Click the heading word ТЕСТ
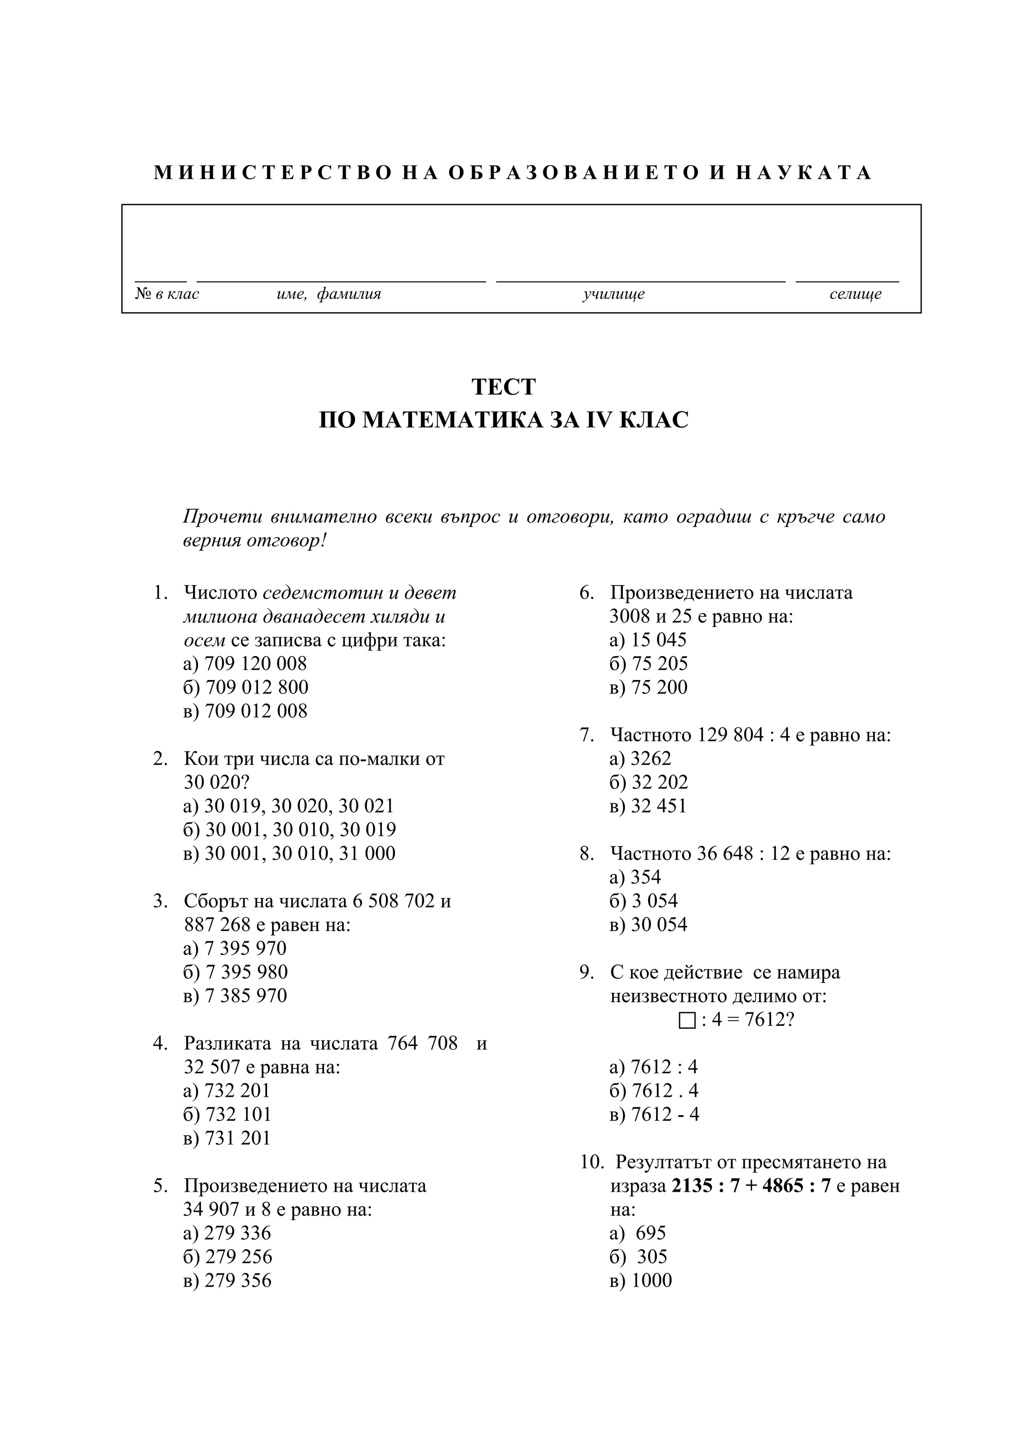click(x=503, y=387)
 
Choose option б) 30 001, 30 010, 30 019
click(x=289, y=830)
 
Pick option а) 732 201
click(x=226, y=1090)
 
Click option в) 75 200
click(x=648, y=688)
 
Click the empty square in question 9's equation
click(x=687, y=1020)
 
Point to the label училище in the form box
click(x=613, y=294)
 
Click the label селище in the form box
click(x=855, y=294)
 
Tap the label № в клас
click(x=166, y=294)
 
